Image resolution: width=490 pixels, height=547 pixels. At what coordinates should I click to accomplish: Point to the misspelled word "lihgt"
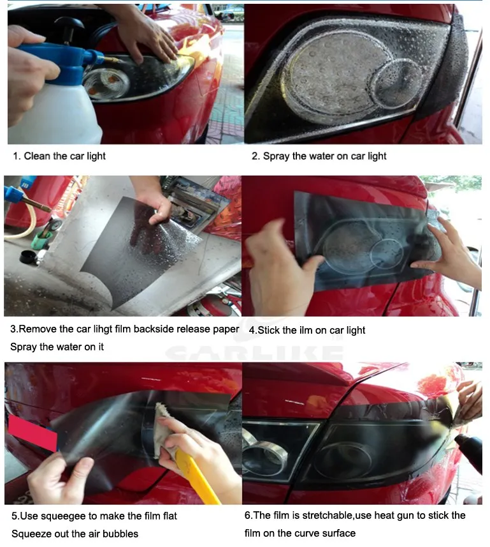103,329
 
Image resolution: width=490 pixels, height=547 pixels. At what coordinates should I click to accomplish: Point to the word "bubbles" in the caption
120,534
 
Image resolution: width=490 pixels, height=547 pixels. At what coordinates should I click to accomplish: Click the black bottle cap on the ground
29,257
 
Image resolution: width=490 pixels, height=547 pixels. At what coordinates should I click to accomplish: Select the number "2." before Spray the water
256,156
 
